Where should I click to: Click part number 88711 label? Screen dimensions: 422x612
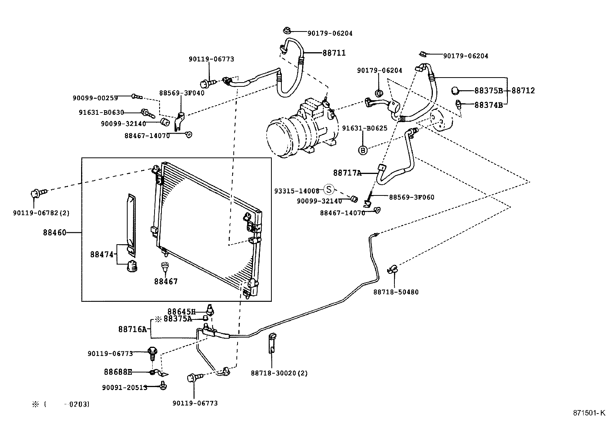coord(334,53)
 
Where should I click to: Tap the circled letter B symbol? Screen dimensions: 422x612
coord(363,150)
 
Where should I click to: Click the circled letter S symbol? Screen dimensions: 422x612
coord(329,189)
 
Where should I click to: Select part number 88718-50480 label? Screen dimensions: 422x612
coord(396,292)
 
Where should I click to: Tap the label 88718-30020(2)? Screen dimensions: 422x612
coord(279,373)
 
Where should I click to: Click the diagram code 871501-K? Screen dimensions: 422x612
coord(586,413)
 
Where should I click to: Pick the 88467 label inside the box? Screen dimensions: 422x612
coord(166,281)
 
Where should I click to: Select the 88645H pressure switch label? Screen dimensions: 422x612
coord(181,311)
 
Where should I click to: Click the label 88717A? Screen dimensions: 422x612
coord(347,173)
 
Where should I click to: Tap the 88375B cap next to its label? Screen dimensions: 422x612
coord(455,91)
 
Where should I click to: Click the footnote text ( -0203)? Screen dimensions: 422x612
coord(67,404)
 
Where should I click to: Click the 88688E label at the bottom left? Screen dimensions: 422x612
coord(118,372)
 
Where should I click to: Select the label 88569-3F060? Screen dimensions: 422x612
coord(411,197)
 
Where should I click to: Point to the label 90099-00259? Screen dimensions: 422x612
coord(95,98)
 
